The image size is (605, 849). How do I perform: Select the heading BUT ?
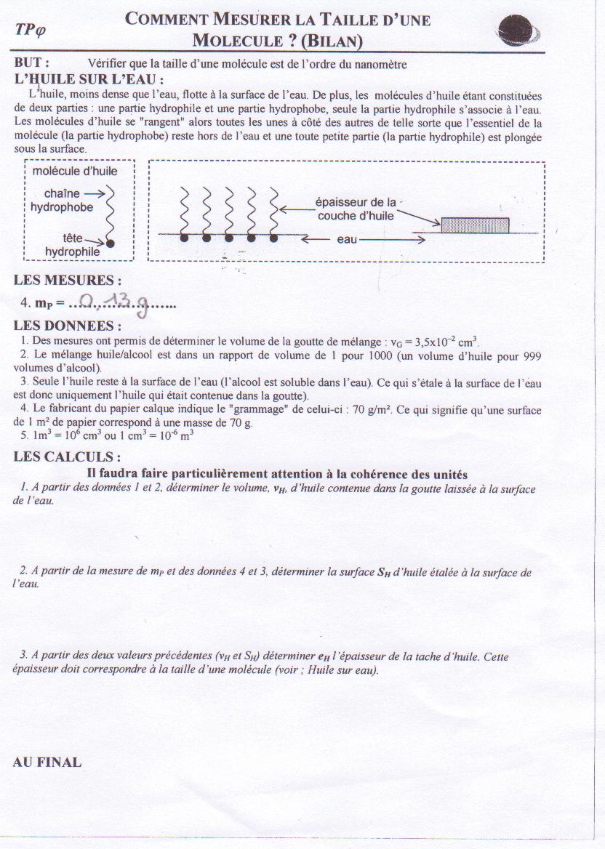(32, 63)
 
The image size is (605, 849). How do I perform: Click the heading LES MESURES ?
(68, 281)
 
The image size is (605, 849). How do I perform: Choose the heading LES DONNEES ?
(68, 326)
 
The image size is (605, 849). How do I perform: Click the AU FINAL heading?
(47, 763)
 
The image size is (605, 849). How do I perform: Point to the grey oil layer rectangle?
(475, 225)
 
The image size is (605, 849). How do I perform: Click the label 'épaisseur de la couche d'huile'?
(356, 209)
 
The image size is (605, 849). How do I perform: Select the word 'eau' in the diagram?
(347, 239)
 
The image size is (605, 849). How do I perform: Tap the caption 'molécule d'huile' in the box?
(75, 172)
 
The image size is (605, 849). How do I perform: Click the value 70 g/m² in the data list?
(372, 410)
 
